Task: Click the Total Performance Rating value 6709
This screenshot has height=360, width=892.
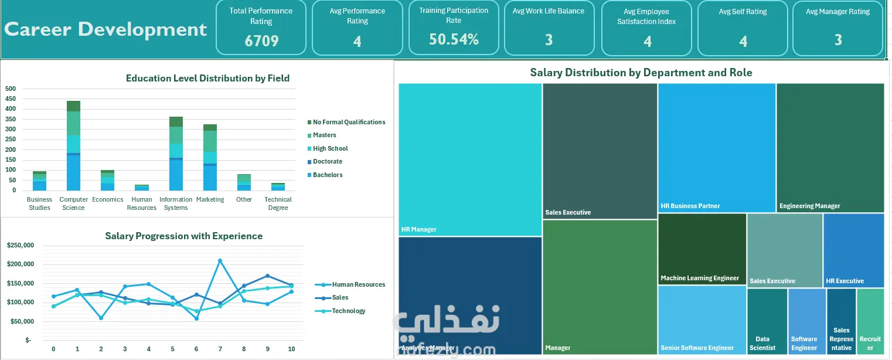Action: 261,40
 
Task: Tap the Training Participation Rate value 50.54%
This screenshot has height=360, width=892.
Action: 454,39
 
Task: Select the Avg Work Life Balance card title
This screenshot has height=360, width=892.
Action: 549,11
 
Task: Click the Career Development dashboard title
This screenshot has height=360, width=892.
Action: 105,29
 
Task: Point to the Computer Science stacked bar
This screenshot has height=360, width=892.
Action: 73,146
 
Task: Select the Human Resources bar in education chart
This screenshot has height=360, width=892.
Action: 142,188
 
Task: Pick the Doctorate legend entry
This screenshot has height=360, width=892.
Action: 325,161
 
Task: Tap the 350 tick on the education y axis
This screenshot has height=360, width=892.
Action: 11,119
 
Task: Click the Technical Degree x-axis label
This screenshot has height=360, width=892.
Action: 278,203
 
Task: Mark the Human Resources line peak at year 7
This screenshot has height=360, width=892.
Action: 220,261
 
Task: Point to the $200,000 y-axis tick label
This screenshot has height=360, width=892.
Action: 21,264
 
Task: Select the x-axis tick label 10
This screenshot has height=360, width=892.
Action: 291,349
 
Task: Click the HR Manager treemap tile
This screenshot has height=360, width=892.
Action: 470,159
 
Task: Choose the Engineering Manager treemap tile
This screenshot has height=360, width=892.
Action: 830,147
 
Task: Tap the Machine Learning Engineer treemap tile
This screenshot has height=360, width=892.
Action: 702,249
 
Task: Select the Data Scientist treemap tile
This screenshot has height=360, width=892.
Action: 767,321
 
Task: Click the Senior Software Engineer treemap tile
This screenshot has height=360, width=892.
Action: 702,320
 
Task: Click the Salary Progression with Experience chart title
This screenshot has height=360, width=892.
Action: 184,236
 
